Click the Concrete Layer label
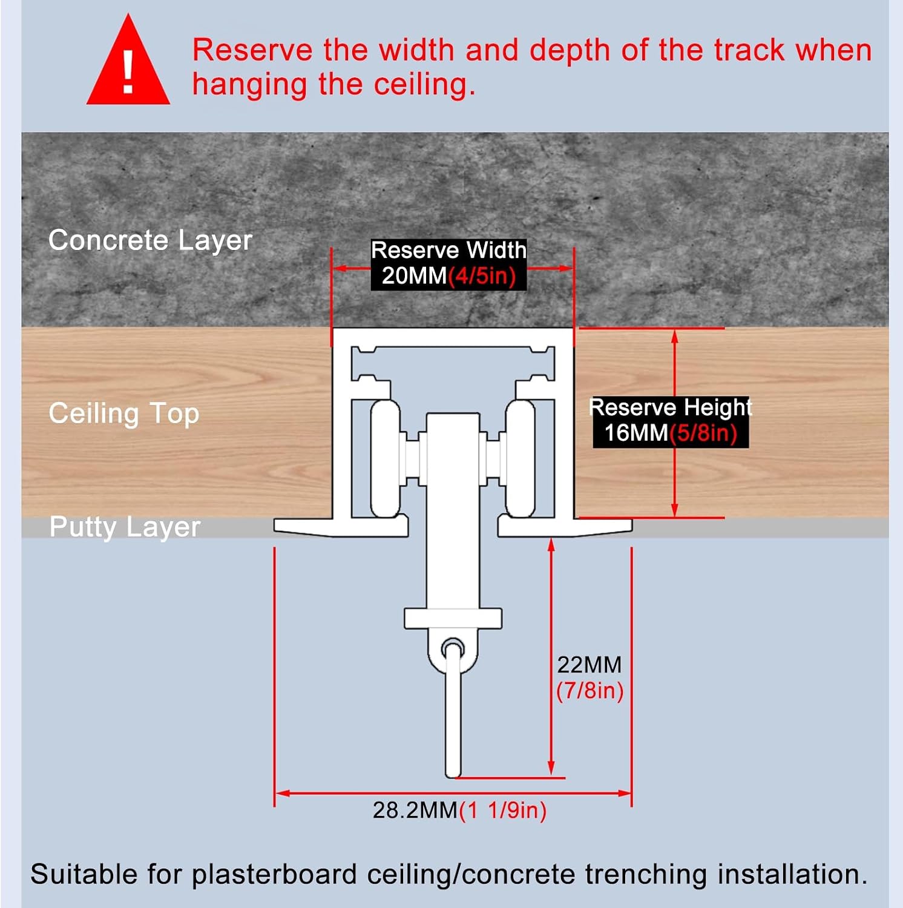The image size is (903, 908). point(150,240)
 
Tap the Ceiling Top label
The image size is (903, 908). point(124,414)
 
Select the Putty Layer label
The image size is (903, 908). point(125,527)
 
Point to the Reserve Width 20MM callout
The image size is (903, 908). point(448,263)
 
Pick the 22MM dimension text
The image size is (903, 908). point(589,665)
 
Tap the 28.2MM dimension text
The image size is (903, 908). point(415,810)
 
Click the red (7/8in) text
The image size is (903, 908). point(590,691)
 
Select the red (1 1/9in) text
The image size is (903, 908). point(503,811)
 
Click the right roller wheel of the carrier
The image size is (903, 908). point(520,458)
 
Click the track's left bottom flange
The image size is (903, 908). point(341,527)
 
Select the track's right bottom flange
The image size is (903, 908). point(565,527)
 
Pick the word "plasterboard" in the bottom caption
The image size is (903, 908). point(274,875)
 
